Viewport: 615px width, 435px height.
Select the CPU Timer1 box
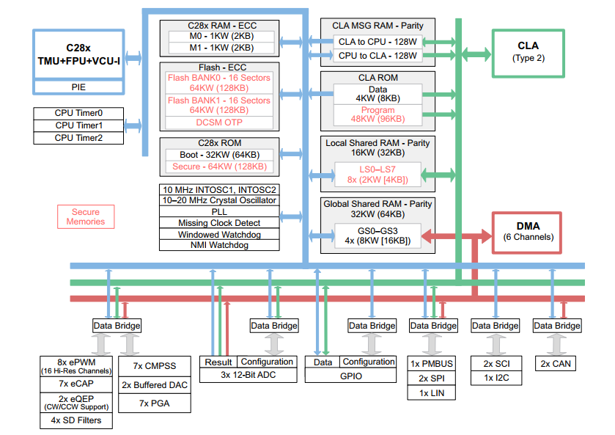(79, 125)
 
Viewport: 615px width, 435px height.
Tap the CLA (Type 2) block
(528, 53)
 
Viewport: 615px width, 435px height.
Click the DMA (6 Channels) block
(526, 233)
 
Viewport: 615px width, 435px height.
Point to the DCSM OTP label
(219, 123)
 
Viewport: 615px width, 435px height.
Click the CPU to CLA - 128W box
(378, 56)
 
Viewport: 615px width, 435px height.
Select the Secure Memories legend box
(85, 216)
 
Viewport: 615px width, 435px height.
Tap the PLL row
(218, 211)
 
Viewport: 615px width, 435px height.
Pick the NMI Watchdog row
(218, 245)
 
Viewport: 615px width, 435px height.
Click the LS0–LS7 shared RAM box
(378, 175)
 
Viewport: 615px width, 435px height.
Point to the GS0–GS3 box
(378, 236)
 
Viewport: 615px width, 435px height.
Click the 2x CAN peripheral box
(556, 364)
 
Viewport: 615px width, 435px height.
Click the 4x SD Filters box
(76, 420)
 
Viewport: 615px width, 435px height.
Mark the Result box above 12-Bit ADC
(218, 362)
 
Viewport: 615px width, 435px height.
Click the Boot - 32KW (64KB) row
(218, 155)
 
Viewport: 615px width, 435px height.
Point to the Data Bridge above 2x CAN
(556, 326)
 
